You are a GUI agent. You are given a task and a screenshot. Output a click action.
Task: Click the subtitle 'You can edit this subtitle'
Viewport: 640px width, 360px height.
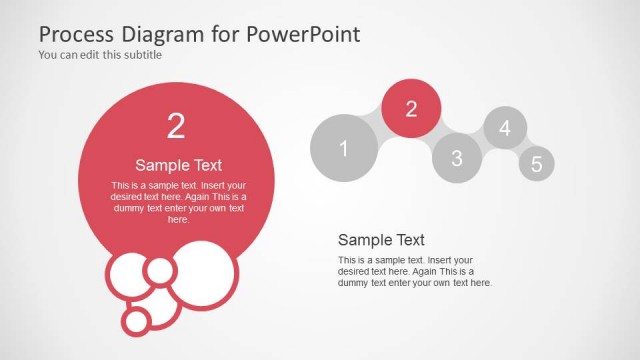tap(100, 55)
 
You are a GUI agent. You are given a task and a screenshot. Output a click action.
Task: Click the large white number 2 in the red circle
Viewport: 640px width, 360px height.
tap(176, 126)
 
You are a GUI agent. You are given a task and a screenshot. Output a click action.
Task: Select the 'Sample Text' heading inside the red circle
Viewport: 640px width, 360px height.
tap(178, 165)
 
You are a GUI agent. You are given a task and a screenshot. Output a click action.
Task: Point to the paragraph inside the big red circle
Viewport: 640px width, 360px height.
tap(178, 202)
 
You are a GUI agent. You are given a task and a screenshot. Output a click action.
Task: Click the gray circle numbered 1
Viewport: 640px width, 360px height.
tap(344, 149)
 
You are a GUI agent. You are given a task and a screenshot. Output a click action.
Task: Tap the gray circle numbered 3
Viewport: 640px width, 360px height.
tap(457, 158)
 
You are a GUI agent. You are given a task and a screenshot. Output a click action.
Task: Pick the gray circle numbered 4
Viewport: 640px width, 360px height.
tap(505, 128)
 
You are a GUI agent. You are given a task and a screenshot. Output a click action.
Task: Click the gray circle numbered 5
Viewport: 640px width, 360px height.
tap(536, 164)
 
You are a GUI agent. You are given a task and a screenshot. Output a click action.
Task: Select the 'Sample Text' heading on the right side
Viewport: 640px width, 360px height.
tap(381, 240)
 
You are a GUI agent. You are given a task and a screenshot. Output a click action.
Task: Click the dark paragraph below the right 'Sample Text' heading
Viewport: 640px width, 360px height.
tap(414, 271)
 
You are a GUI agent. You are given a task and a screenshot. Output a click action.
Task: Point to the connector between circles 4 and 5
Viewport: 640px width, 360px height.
tap(522, 146)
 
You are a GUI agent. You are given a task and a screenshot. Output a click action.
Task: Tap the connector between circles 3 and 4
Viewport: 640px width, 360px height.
tap(482, 142)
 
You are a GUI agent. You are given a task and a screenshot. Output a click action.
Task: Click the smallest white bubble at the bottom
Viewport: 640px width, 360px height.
tap(136, 320)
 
